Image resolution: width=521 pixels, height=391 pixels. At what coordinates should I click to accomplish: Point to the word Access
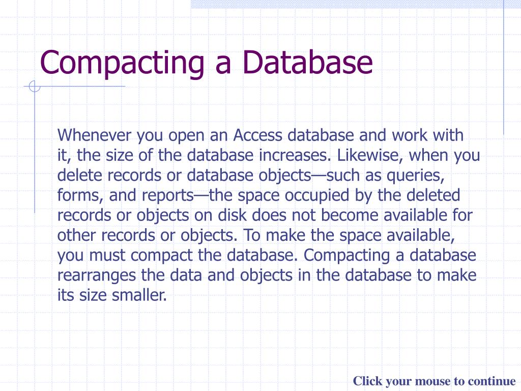258,135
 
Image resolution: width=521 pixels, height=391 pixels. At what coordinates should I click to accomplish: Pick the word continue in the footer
491,381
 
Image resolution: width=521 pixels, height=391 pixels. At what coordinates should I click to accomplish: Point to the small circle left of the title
34,87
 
